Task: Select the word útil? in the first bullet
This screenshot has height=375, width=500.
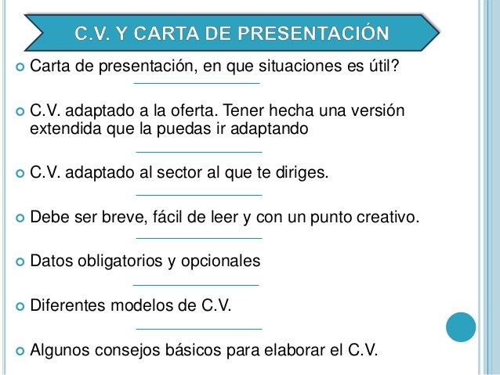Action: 382,64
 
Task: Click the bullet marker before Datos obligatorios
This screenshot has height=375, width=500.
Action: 17,260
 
